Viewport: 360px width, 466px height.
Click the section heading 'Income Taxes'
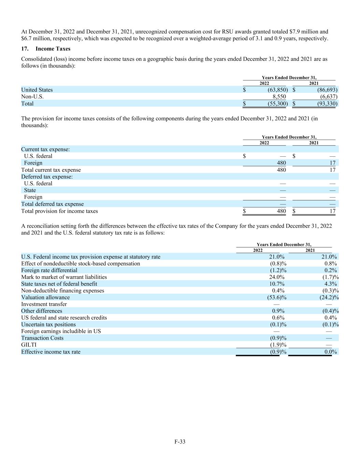(x=53, y=48)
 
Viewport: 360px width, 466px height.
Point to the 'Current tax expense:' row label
(x=45, y=149)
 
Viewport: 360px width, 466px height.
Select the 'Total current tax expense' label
(x=51, y=170)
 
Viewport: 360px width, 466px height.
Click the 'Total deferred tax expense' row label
(x=52, y=204)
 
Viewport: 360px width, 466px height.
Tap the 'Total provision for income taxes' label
(x=59, y=211)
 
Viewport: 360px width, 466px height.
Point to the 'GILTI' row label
(x=29, y=345)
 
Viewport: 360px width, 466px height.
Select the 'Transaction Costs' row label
(x=42, y=338)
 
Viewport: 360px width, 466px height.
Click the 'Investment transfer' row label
(x=44, y=304)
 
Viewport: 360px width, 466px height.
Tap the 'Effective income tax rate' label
(x=51, y=352)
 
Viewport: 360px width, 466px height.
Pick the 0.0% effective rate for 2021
(x=330, y=352)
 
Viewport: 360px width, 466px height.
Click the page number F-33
(x=180, y=441)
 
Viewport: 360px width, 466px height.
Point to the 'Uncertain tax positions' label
(x=48, y=324)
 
